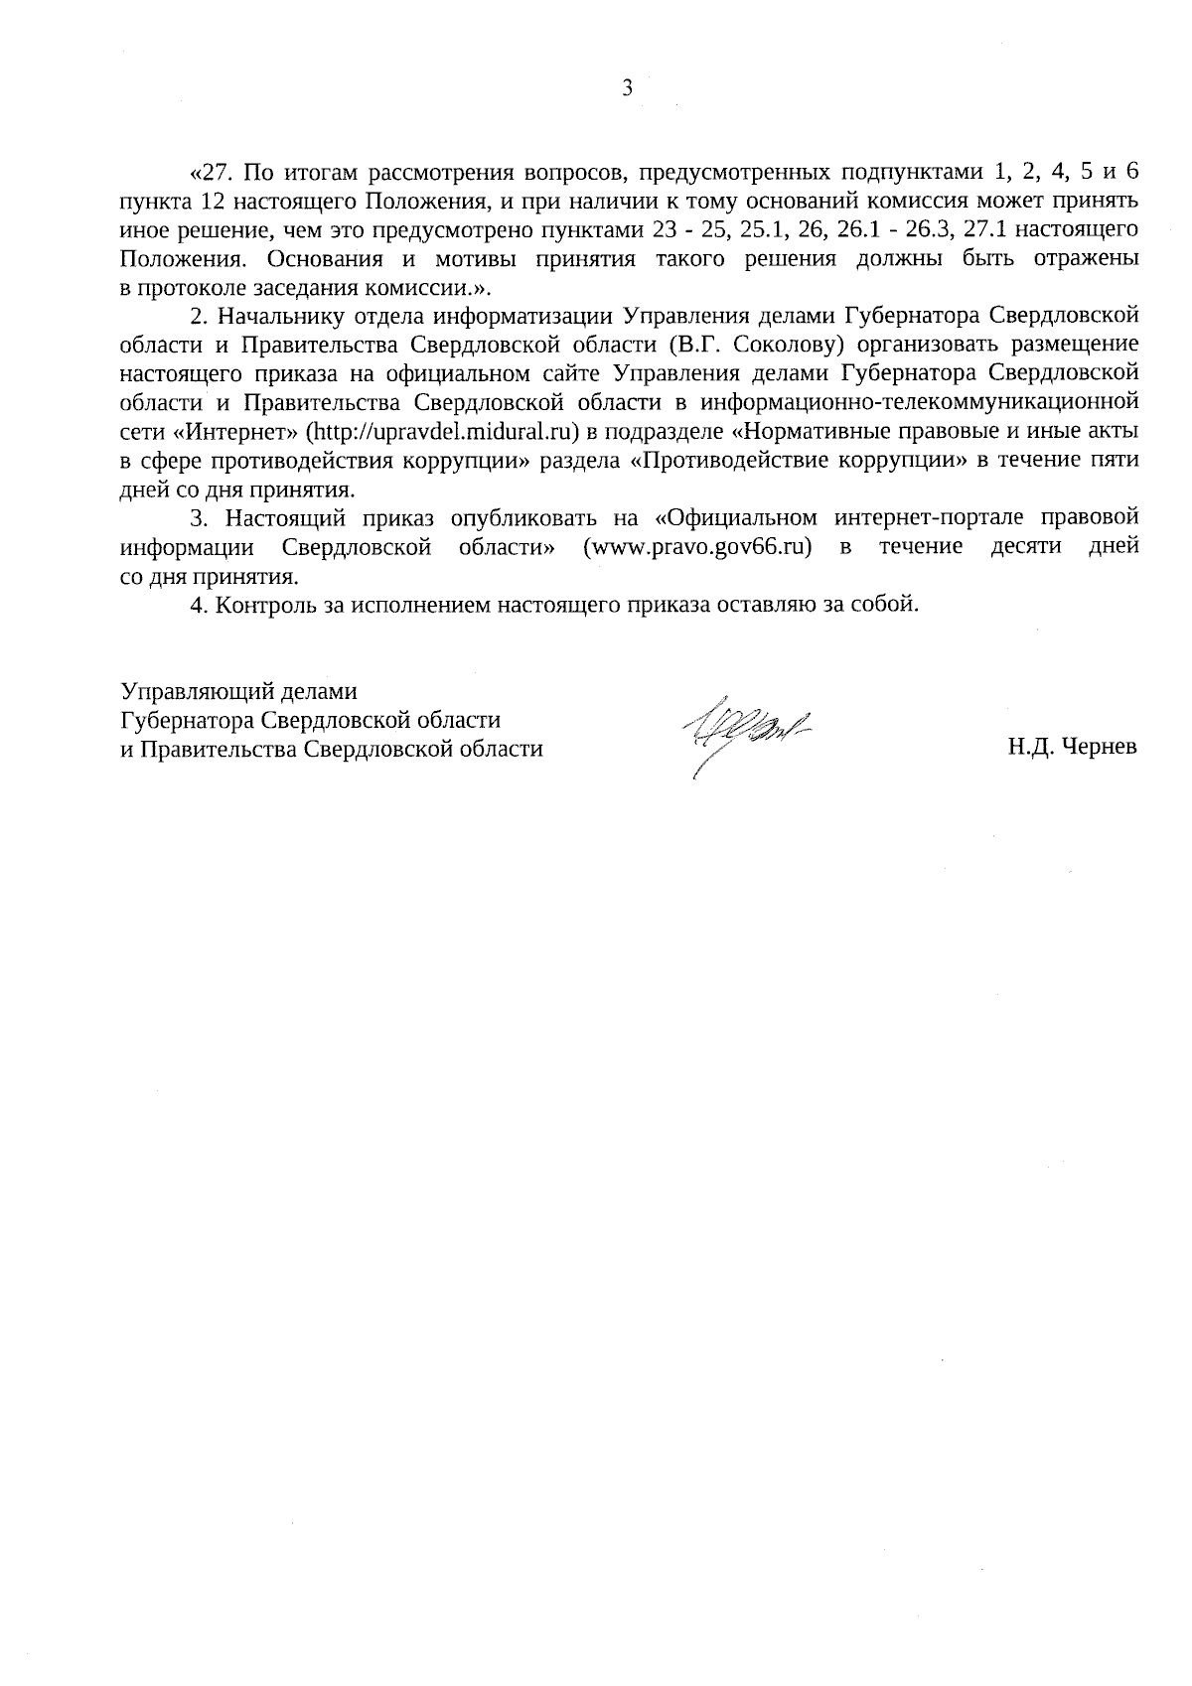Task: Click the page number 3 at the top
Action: tap(626, 89)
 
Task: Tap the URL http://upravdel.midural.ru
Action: tap(443, 432)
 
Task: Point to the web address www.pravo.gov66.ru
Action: tap(697, 547)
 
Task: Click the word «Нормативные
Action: tap(810, 432)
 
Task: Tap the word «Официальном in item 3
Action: tap(736, 518)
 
